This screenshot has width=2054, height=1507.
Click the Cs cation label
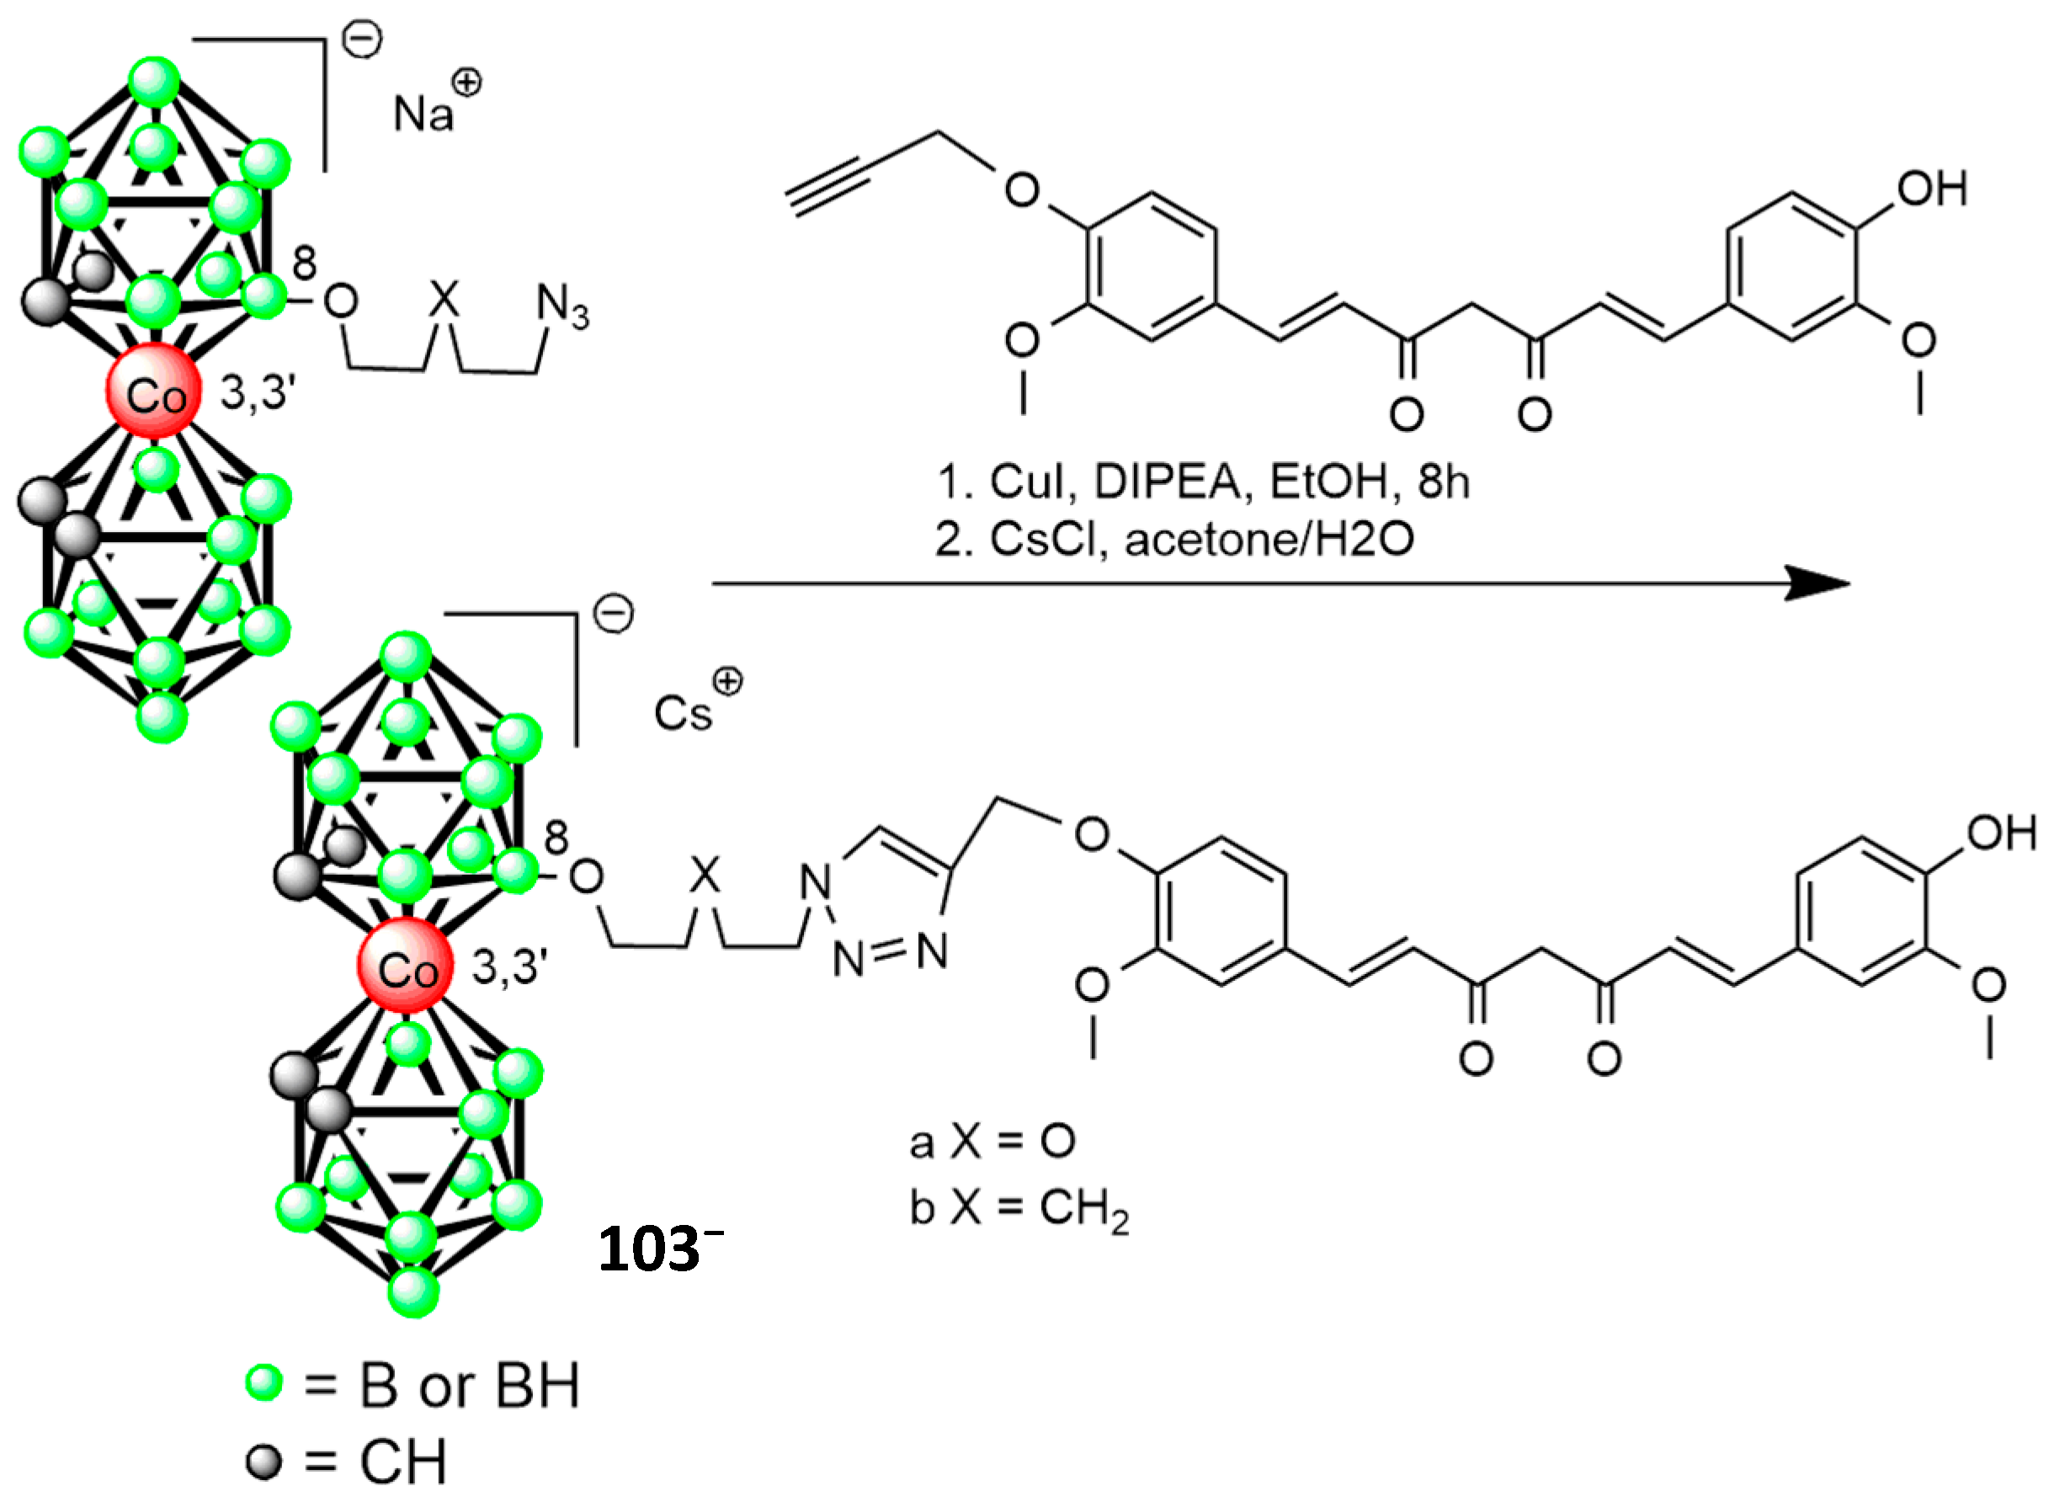point(682,712)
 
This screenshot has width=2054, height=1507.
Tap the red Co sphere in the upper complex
point(153,392)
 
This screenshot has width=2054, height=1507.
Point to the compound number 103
point(649,1249)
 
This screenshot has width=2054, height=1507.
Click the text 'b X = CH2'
point(1019,1209)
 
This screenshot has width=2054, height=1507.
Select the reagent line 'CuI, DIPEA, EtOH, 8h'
point(1204,482)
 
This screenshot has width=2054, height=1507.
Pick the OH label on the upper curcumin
point(1932,189)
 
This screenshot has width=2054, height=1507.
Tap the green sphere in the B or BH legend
point(264,1383)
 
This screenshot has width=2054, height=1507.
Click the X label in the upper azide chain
point(444,298)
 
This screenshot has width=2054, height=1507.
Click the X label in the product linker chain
point(703,875)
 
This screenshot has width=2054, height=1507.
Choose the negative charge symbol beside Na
point(362,40)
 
